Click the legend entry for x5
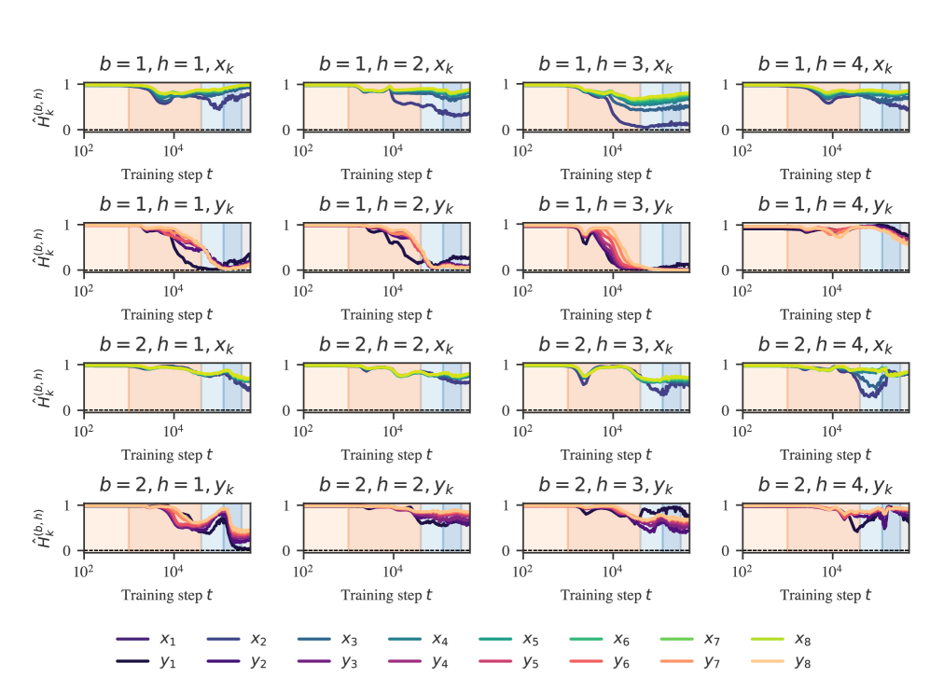509,640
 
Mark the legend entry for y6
600,661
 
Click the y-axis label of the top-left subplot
43,106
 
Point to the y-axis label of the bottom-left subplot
43,527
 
